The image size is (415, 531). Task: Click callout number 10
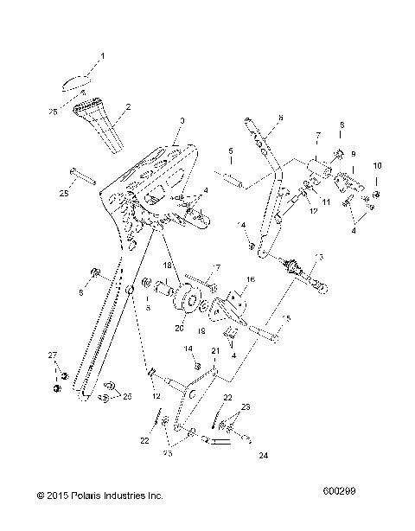click(376, 188)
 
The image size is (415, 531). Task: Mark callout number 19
click(201, 329)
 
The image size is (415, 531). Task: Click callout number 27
click(51, 355)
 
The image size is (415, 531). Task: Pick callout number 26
click(129, 396)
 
